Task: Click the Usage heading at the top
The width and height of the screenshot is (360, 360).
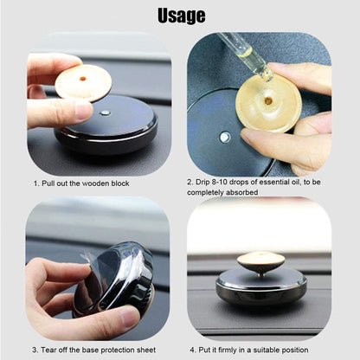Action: [x=182, y=16]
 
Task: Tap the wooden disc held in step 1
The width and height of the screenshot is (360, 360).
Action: [x=83, y=83]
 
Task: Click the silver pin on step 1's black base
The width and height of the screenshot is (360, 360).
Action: [x=105, y=112]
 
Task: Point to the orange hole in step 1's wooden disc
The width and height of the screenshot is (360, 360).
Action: [x=83, y=78]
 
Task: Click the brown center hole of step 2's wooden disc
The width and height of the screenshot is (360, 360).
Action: [x=268, y=100]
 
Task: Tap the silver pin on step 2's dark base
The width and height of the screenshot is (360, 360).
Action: [x=225, y=138]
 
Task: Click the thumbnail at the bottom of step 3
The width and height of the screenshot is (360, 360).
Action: [x=129, y=316]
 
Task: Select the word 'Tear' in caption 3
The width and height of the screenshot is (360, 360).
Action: [x=49, y=350]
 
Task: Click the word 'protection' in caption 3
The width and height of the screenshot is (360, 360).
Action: [x=120, y=350]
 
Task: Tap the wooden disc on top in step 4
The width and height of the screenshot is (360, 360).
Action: [x=261, y=260]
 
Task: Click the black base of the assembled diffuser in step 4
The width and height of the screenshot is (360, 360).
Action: [x=261, y=288]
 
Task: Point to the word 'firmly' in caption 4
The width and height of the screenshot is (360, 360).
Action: [x=227, y=350]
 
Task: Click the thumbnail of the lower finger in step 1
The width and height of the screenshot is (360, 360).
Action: [x=84, y=112]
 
